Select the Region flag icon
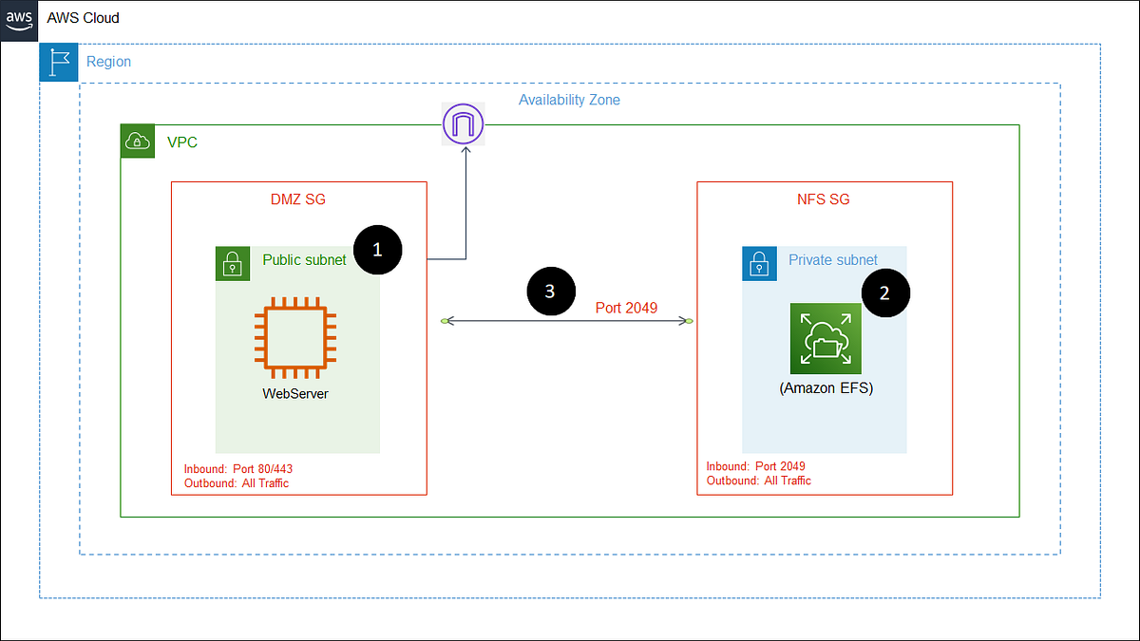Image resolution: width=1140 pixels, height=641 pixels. pos(58,62)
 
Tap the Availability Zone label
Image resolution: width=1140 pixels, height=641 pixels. pos(569,100)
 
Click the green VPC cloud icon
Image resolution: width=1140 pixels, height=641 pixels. pos(138,141)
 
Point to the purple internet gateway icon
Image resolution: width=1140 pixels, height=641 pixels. pos(464,124)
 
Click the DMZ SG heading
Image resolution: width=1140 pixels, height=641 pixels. pos(298,199)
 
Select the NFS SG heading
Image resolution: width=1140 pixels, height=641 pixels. pos(825,199)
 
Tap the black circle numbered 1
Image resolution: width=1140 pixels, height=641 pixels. pos(377,250)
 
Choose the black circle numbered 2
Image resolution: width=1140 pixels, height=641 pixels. pos(884,293)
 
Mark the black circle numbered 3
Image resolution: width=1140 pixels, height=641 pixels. pos(550,292)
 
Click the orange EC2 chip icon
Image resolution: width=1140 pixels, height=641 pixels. pos(295,334)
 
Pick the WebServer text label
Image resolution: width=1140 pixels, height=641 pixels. pos(295,393)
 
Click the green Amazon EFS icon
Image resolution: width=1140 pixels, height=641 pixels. pos(825,339)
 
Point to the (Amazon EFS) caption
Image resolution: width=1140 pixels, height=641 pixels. pos(825,388)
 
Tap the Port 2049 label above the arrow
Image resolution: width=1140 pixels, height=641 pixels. pos(626,307)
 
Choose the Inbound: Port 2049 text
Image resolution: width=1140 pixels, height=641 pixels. pos(756,466)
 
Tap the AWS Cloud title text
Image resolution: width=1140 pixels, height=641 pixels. pos(84,18)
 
